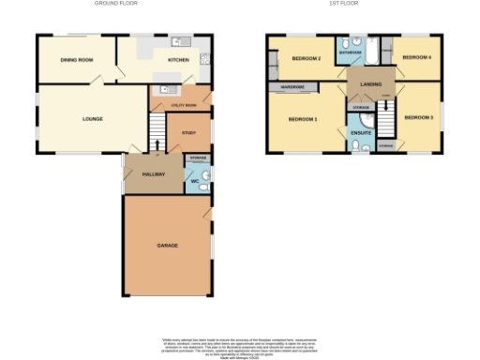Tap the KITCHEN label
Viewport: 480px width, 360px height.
click(x=178, y=60)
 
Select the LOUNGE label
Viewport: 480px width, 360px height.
click(x=92, y=119)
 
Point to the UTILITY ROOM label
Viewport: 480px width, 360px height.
click(x=182, y=106)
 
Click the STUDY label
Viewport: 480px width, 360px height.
click(x=188, y=134)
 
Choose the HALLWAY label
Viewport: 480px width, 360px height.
click(x=154, y=174)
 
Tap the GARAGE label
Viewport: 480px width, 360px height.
click(x=168, y=245)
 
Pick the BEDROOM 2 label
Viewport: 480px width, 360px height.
click(x=307, y=59)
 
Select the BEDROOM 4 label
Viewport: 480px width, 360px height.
click(x=416, y=58)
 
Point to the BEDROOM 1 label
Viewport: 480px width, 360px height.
click(x=303, y=119)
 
